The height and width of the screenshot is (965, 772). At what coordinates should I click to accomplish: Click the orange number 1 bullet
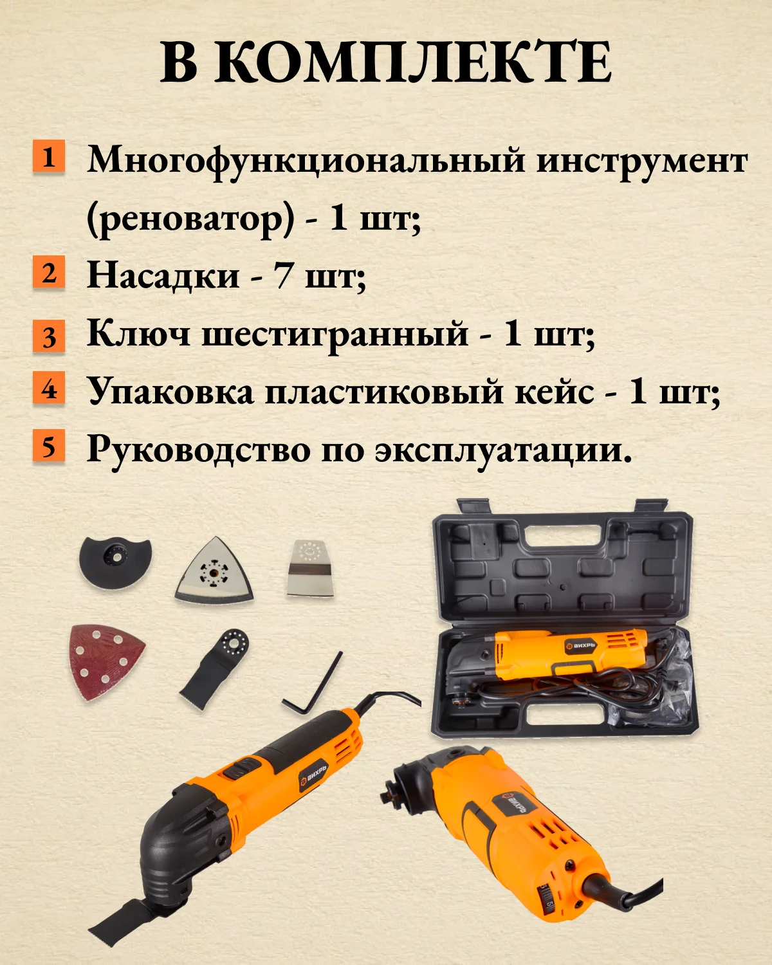tap(48, 156)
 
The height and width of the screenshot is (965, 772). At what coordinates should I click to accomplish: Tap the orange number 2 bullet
tap(48, 271)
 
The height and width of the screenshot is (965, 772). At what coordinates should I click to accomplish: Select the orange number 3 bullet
tap(48, 335)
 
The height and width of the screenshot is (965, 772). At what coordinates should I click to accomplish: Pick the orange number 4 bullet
tap(48, 387)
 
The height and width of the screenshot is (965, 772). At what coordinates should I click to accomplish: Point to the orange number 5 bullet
tap(48, 446)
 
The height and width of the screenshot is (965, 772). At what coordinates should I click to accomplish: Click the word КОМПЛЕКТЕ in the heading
tap(412, 62)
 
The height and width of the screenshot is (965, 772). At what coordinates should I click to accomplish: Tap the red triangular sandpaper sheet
tap(106, 661)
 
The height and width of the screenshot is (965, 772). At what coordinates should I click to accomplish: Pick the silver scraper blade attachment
tap(310, 567)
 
